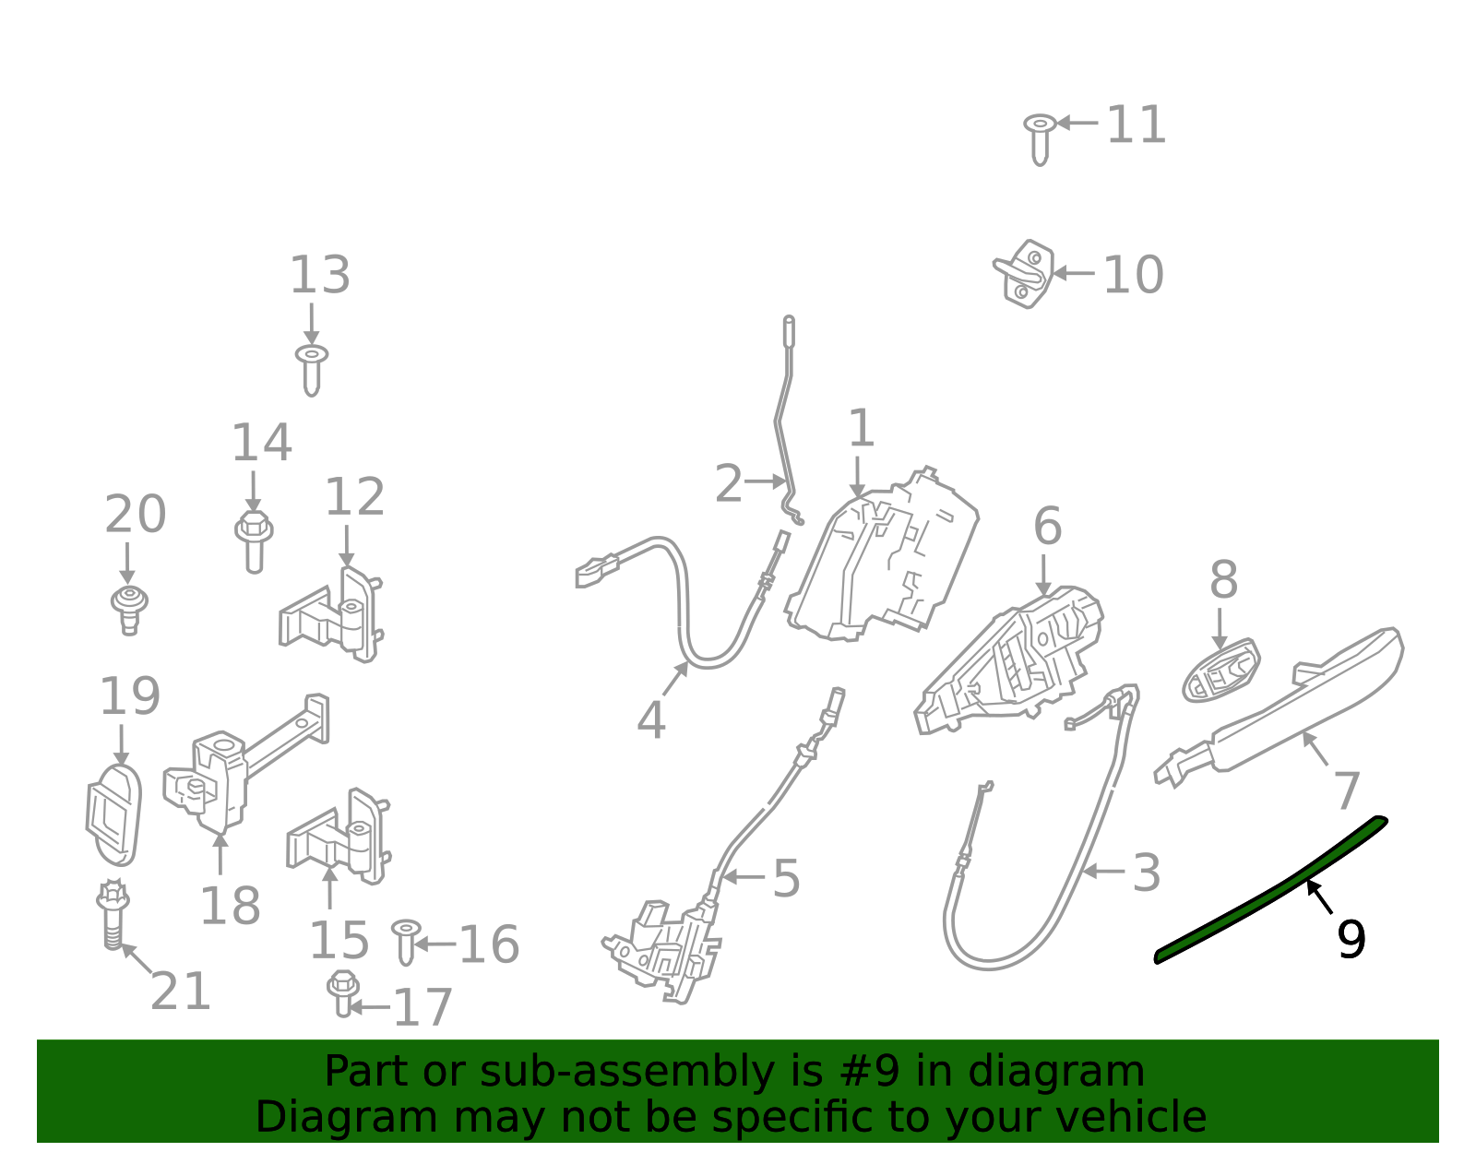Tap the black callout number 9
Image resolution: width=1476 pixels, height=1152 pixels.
click(1351, 940)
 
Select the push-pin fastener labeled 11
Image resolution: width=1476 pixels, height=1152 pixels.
click(1040, 138)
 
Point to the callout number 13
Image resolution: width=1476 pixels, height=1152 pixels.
click(319, 275)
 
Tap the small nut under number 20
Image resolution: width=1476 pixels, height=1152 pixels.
click(129, 609)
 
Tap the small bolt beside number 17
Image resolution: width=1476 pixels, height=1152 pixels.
click(342, 992)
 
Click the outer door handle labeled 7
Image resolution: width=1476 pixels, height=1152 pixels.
click(1291, 710)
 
